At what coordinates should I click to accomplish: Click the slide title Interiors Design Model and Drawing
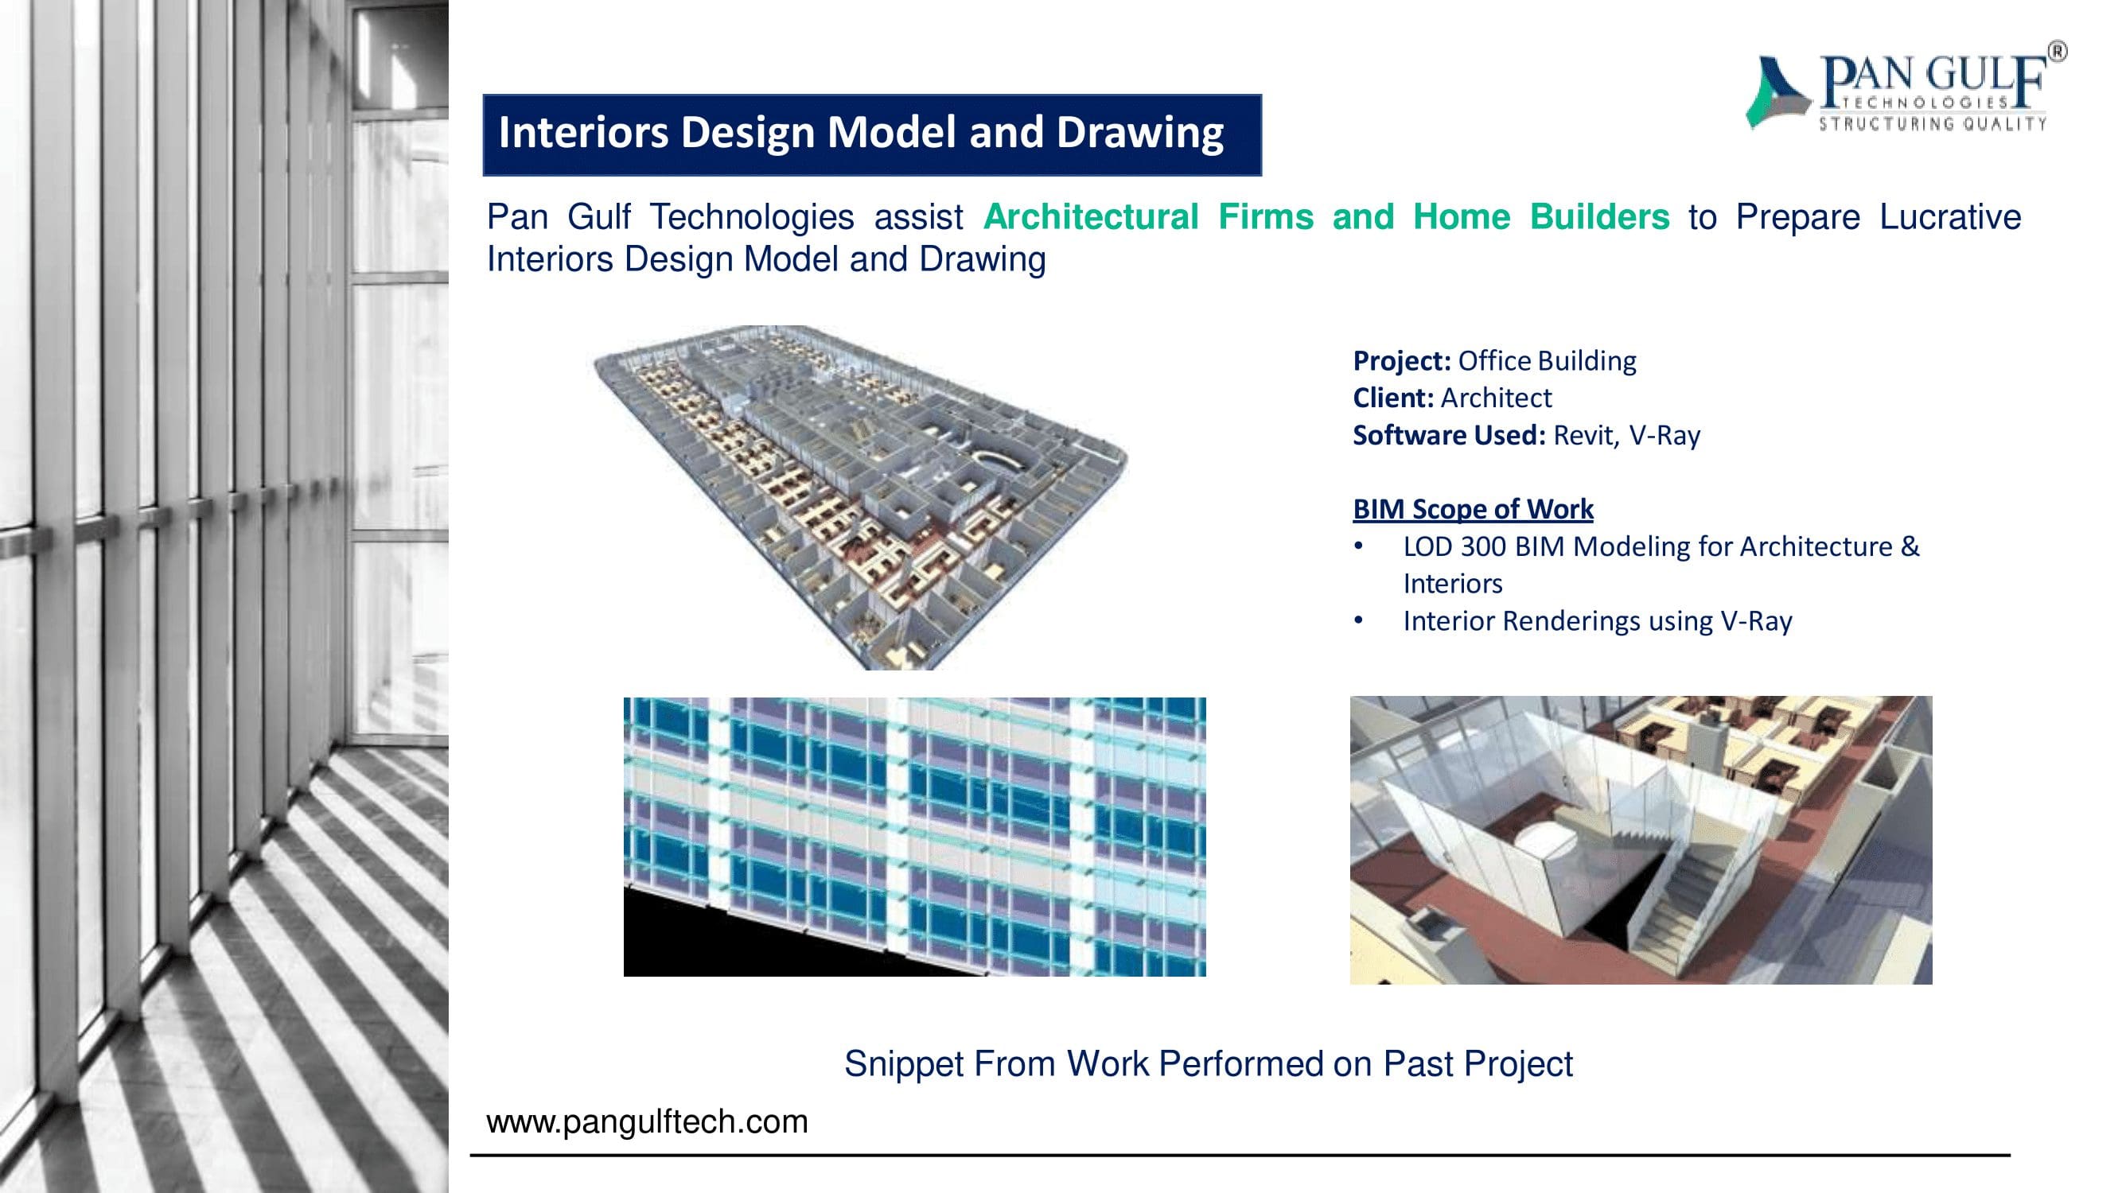click(861, 133)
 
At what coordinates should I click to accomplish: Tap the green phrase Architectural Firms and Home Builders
click(1326, 217)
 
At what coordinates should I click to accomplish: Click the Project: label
click(1401, 360)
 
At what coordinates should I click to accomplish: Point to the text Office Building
click(1547, 360)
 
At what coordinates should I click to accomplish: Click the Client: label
click(1393, 398)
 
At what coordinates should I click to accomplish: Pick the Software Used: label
click(1449, 435)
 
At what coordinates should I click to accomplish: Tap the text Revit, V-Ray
click(1627, 436)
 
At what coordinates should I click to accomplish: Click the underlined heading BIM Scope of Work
click(1473, 509)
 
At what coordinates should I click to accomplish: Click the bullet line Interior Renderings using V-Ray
click(1597, 621)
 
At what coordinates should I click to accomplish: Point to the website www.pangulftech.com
click(648, 1122)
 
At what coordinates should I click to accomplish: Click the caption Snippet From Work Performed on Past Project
click(1209, 1063)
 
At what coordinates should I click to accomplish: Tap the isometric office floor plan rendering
click(860, 496)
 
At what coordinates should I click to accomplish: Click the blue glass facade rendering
click(914, 837)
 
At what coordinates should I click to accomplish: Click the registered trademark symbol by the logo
click(2057, 52)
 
